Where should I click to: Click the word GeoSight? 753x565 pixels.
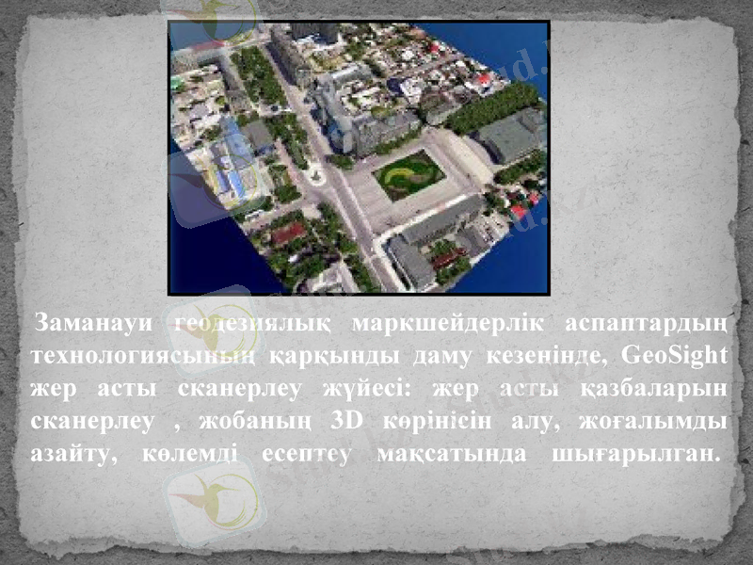pyautogui.click(x=675, y=356)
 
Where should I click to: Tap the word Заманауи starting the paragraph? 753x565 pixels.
pyautogui.click(x=92, y=325)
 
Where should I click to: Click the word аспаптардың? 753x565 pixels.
pyautogui.click(x=647, y=325)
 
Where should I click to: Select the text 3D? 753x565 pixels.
pyautogui.click(x=353, y=419)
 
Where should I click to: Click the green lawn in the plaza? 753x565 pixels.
pyautogui.click(x=408, y=174)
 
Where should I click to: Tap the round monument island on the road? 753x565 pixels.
pyautogui.click(x=315, y=176)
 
